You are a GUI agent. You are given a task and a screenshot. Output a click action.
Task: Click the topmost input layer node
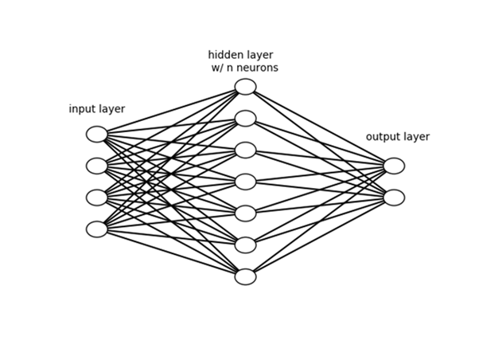click(x=97, y=134)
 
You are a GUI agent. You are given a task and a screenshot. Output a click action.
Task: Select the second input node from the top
click(x=97, y=166)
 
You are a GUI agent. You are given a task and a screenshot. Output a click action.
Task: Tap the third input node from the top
click(x=97, y=198)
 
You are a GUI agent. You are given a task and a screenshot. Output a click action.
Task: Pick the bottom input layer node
click(x=97, y=229)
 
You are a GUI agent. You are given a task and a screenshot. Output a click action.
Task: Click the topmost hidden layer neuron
click(x=246, y=87)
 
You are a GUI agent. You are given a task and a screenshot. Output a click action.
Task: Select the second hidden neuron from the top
click(x=246, y=119)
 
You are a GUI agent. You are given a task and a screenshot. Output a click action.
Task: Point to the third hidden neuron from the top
click(x=246, y=150)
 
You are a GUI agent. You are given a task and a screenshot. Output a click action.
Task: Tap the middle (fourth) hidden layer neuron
click(x=246, y=182)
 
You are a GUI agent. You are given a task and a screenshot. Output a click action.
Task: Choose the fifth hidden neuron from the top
click(x=246, y=213)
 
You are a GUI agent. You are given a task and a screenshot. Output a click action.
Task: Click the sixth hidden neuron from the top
click(x=246, y=245)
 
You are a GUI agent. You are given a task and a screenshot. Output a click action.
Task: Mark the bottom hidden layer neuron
click(x=246, y=276)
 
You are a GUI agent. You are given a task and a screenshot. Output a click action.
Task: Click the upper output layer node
click(x=394, y=166)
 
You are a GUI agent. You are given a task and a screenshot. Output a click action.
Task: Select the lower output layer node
click(x=394, y=198)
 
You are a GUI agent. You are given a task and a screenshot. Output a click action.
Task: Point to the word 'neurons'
click(x=258, y=68)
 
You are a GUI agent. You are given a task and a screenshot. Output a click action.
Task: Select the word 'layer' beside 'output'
click(x=416, y=137)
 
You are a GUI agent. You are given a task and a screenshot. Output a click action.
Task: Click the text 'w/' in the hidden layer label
click(x=217, y=68)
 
